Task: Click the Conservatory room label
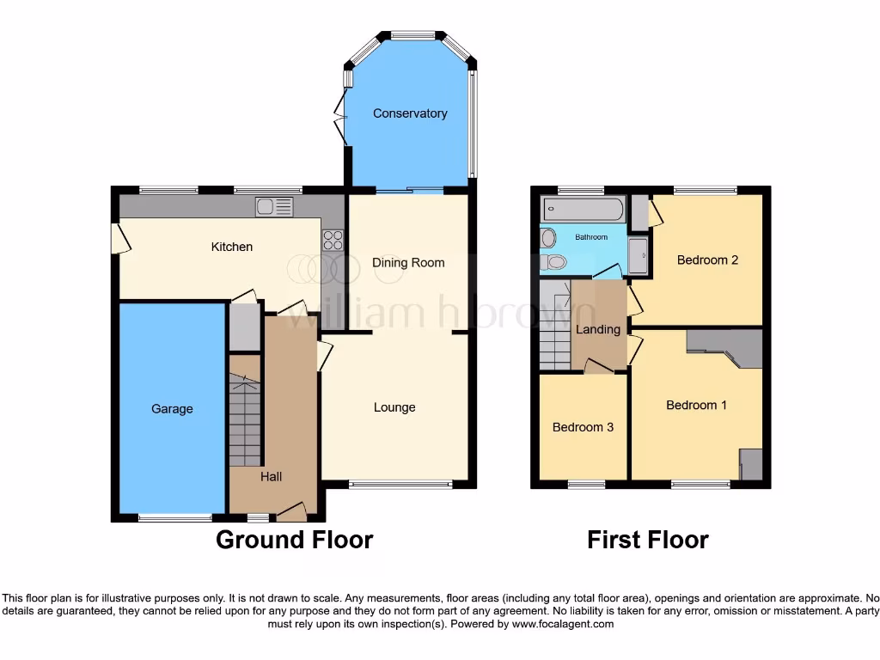(x=409, y=113)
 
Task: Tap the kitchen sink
(x=274, y=206)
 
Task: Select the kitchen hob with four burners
(x=333, y=240)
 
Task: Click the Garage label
(x=172, y=409)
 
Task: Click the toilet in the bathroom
(x=553, y=261)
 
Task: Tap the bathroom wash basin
(x=548, y=236)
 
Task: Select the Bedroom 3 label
(x=583, y=427)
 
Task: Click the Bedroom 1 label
(x=696, y=405)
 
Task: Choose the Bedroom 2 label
(x=707, y=260)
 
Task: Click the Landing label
(x=598, y=329)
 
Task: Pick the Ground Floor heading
(x=294, y=540)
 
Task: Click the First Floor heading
(x=647, y=540)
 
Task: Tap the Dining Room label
(x=408, y=263)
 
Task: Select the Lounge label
(x=394, y=407)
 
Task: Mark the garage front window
(x=175, y=517)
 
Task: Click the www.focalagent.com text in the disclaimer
(x=562, y=625)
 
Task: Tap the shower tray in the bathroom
(x=638, y=256)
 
